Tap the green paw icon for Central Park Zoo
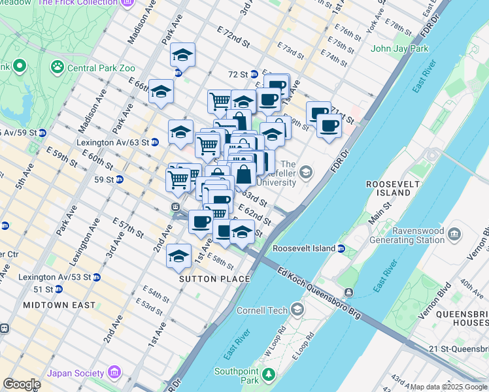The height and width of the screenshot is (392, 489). tap(57, 66)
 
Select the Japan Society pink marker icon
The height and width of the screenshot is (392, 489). tap(115, 372)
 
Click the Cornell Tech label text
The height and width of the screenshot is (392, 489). tap(263, 309)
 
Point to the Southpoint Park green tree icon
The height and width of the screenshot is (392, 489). tap(268, 376)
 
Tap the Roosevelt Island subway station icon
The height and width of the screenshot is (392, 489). tap(341, 248)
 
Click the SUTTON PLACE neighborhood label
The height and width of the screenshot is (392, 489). tap(215, 279)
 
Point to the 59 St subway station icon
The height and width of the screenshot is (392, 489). tap(119, 179)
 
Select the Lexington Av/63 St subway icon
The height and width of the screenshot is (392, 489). tap(156, 142)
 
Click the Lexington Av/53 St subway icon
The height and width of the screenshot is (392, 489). tap(97, 277)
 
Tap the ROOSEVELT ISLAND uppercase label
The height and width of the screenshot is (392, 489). tap(393, 189)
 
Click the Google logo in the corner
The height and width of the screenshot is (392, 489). tap(21, 384)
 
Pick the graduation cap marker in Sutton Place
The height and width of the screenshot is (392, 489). tap(178, 256)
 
